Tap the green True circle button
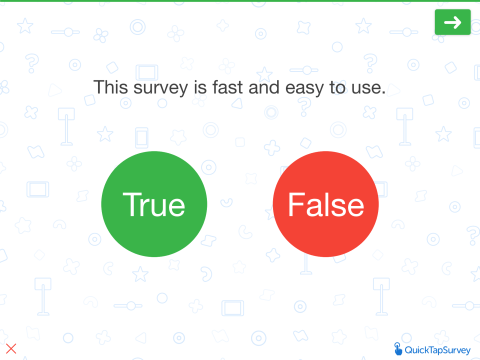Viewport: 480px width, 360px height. click(154, 204)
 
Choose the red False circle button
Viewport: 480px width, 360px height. click(325, 204)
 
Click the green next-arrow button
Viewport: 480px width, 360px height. click(452, 22)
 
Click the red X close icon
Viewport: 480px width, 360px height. click(11, 348)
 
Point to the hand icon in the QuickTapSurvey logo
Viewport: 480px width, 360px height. click(398, 348)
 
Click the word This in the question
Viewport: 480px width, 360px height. click(111, 87)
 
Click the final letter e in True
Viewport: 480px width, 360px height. click(176, 206)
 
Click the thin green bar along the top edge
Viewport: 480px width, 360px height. click(240, 1)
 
